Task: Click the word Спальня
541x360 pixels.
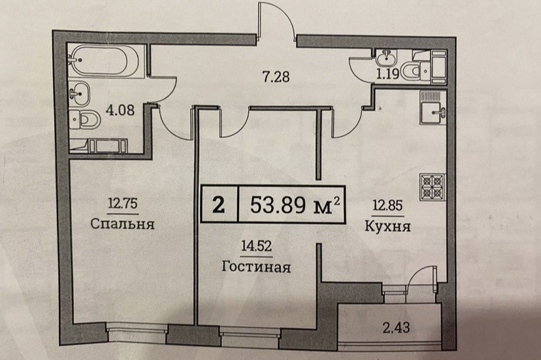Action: coord(124,225)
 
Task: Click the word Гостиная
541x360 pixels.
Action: coord(256,267)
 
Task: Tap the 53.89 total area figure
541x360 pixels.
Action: coord(287,205)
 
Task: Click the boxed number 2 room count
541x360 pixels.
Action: coord(218,206)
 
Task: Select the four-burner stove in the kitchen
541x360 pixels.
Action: coord(432,188)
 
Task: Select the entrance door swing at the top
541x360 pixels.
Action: coord(278,23)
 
